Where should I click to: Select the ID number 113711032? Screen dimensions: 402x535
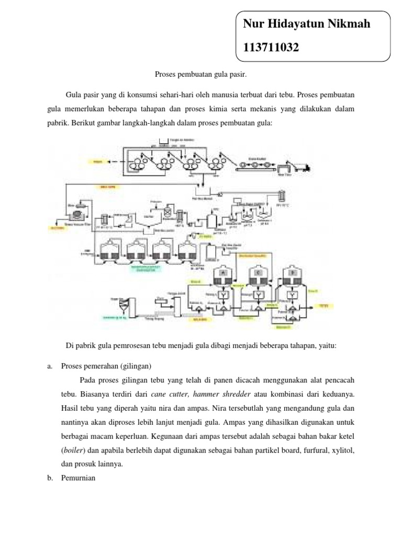pyautogui.click(x=271, y=48)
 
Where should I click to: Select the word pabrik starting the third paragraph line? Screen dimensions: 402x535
pyautogui.click(x=51, y=123)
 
